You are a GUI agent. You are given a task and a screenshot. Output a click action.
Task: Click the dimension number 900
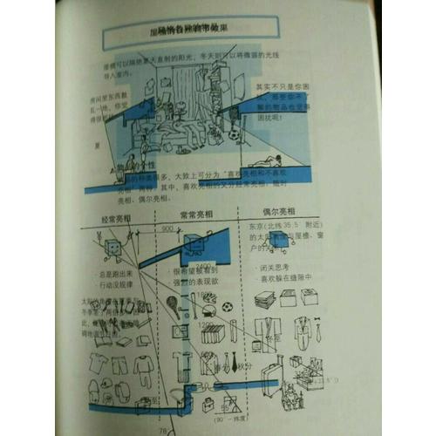168,229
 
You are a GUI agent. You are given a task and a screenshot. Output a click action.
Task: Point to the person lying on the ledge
262,161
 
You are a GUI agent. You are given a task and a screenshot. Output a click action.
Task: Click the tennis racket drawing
174,306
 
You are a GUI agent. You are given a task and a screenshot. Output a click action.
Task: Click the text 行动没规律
114,283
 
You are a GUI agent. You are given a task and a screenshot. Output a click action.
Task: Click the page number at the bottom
161,429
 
